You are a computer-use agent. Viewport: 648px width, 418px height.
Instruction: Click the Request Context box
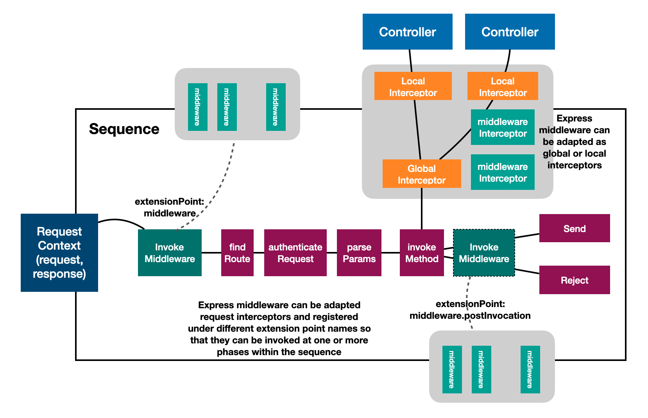tap(59, 252)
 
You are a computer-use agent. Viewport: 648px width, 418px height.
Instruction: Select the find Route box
tap(237, 252)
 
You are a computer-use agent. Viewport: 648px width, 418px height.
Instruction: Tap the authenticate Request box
tap(295, 252)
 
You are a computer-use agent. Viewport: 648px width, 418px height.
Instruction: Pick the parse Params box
tap(359, 252)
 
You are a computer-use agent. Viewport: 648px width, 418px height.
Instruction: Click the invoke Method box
tap(421, 252)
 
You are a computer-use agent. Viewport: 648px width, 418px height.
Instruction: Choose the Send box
tap(574, 228)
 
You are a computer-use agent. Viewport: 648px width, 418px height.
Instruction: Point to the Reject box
tap(574, 280)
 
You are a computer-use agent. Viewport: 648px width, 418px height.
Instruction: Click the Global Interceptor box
tap(421, 174)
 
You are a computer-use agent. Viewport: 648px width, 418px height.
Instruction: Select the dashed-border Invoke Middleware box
tap(484, 252)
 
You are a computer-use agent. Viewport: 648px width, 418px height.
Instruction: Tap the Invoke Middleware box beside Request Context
tap(170, 252)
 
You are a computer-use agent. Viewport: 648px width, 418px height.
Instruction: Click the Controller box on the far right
tap(510, 32)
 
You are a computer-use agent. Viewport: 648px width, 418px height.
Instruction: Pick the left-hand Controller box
tap(407, 32)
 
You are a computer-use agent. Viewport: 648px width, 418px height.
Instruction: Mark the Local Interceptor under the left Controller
tap(413, 86)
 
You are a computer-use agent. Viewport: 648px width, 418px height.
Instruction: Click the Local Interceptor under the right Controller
tap(503, 86)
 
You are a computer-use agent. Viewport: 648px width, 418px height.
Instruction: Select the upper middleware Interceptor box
tap(503, 127)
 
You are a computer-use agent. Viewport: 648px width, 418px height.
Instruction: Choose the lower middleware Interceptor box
tap(503, 172)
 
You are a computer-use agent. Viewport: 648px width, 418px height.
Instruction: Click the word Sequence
tap(124, 129)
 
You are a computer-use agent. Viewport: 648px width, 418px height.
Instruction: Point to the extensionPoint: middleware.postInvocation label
tap(470, 310)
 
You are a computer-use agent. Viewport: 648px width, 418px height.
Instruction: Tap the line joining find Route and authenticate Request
tap(259, 253)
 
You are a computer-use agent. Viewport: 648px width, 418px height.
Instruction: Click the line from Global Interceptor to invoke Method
tap(422, 209)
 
